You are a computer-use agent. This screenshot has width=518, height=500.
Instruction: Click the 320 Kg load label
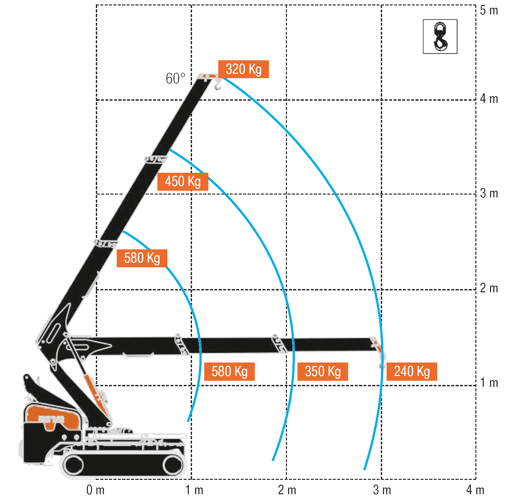tap(243, 69)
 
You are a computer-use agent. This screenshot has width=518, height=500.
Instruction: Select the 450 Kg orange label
tap(183, 182)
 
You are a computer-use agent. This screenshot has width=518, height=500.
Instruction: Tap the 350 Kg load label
tap(322, 372)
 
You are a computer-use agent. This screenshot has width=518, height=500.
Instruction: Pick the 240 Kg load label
tap(412, 372)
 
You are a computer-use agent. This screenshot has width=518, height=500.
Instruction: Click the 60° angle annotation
tap(175, 79)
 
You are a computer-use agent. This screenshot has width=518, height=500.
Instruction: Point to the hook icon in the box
tap(440, 37)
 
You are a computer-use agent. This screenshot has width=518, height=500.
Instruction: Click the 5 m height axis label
tap(489, 11)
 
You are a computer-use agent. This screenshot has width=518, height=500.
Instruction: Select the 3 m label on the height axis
tap(489, 194)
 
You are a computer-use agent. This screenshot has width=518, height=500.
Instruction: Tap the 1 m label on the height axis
tap(489, 383)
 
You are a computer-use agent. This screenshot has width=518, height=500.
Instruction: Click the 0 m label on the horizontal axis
tap(96, 490)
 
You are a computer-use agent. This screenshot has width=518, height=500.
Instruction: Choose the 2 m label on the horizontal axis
tap(287, 490)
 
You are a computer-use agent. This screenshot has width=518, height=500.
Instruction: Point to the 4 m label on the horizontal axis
tap(475, 490)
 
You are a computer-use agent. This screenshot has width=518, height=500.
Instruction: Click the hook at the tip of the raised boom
tap(218, 85)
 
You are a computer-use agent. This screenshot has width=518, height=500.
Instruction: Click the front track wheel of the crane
tap(173, 465)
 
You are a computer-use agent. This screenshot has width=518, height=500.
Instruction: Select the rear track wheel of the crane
tap(73, 465)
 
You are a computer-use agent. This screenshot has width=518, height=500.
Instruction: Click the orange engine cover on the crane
tap(53, 416)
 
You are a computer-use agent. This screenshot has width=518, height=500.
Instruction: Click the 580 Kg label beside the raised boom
tap(142, 258)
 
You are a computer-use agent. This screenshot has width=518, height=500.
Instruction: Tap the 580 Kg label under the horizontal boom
tap(229, 372)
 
